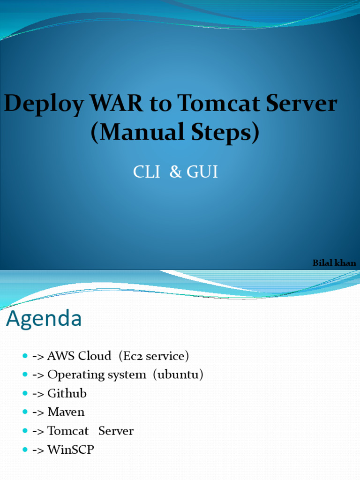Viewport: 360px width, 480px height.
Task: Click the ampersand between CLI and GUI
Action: click(176, 172)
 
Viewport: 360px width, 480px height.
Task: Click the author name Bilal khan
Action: click(334, 263)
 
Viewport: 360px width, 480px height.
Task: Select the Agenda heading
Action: click(44, 319)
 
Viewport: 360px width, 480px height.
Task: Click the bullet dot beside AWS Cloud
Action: click(25, 356)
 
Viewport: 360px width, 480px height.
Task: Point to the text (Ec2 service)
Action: click(154, 356)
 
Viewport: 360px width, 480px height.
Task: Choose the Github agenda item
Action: click(67, 393)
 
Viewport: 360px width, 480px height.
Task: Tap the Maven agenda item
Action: click(66, 412)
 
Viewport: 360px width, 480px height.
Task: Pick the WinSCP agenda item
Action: click(71, 450)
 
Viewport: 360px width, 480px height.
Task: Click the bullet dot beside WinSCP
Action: click(25, 450)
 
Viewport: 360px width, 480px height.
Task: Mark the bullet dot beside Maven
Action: click(25, 412)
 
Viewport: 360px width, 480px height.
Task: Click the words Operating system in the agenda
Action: click(97, 375)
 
